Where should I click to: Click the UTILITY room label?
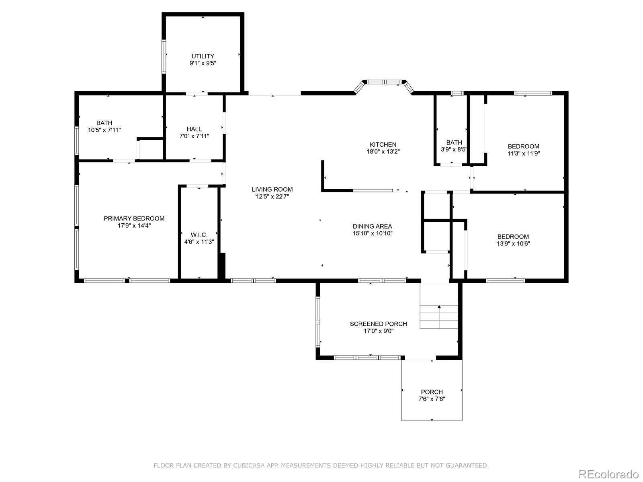click(203, 56)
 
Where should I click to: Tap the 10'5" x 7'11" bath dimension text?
click(104, 130)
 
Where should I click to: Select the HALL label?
click(194, 129)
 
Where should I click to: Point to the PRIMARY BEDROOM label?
click(134, 219)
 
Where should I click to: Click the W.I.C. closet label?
click(199, 235)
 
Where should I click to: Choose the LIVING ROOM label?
click(272, 190)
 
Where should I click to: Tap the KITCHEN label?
click(383, 145)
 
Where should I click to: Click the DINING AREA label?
click(372, 227)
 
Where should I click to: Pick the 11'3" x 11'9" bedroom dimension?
click(523, 153)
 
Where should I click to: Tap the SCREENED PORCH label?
click(378, 324)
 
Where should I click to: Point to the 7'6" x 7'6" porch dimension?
click(432, 399)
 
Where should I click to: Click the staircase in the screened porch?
click(439, 317)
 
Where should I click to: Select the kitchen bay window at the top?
click(384, 82)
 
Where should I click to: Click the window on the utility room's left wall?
click(164, 56)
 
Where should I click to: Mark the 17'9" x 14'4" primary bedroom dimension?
click(134, 226)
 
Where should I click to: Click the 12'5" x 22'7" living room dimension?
click(272, 197)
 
